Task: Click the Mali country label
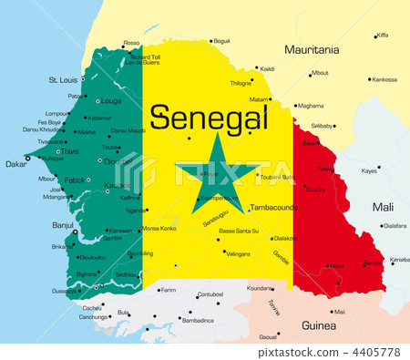[x=384, y=207]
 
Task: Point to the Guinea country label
[x=319, y=324]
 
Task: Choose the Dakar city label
[x=16, y=164]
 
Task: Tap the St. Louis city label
[x=63, y=80]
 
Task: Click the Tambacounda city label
[x=274, y=207]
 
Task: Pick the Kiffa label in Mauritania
[x=383, y=35]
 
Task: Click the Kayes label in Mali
[x=369, y=170]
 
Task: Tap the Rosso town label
[x=132, y=43]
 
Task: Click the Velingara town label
[x=238, y=253]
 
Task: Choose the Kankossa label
[x=384, y=79]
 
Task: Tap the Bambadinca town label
[x=198, y=321]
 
